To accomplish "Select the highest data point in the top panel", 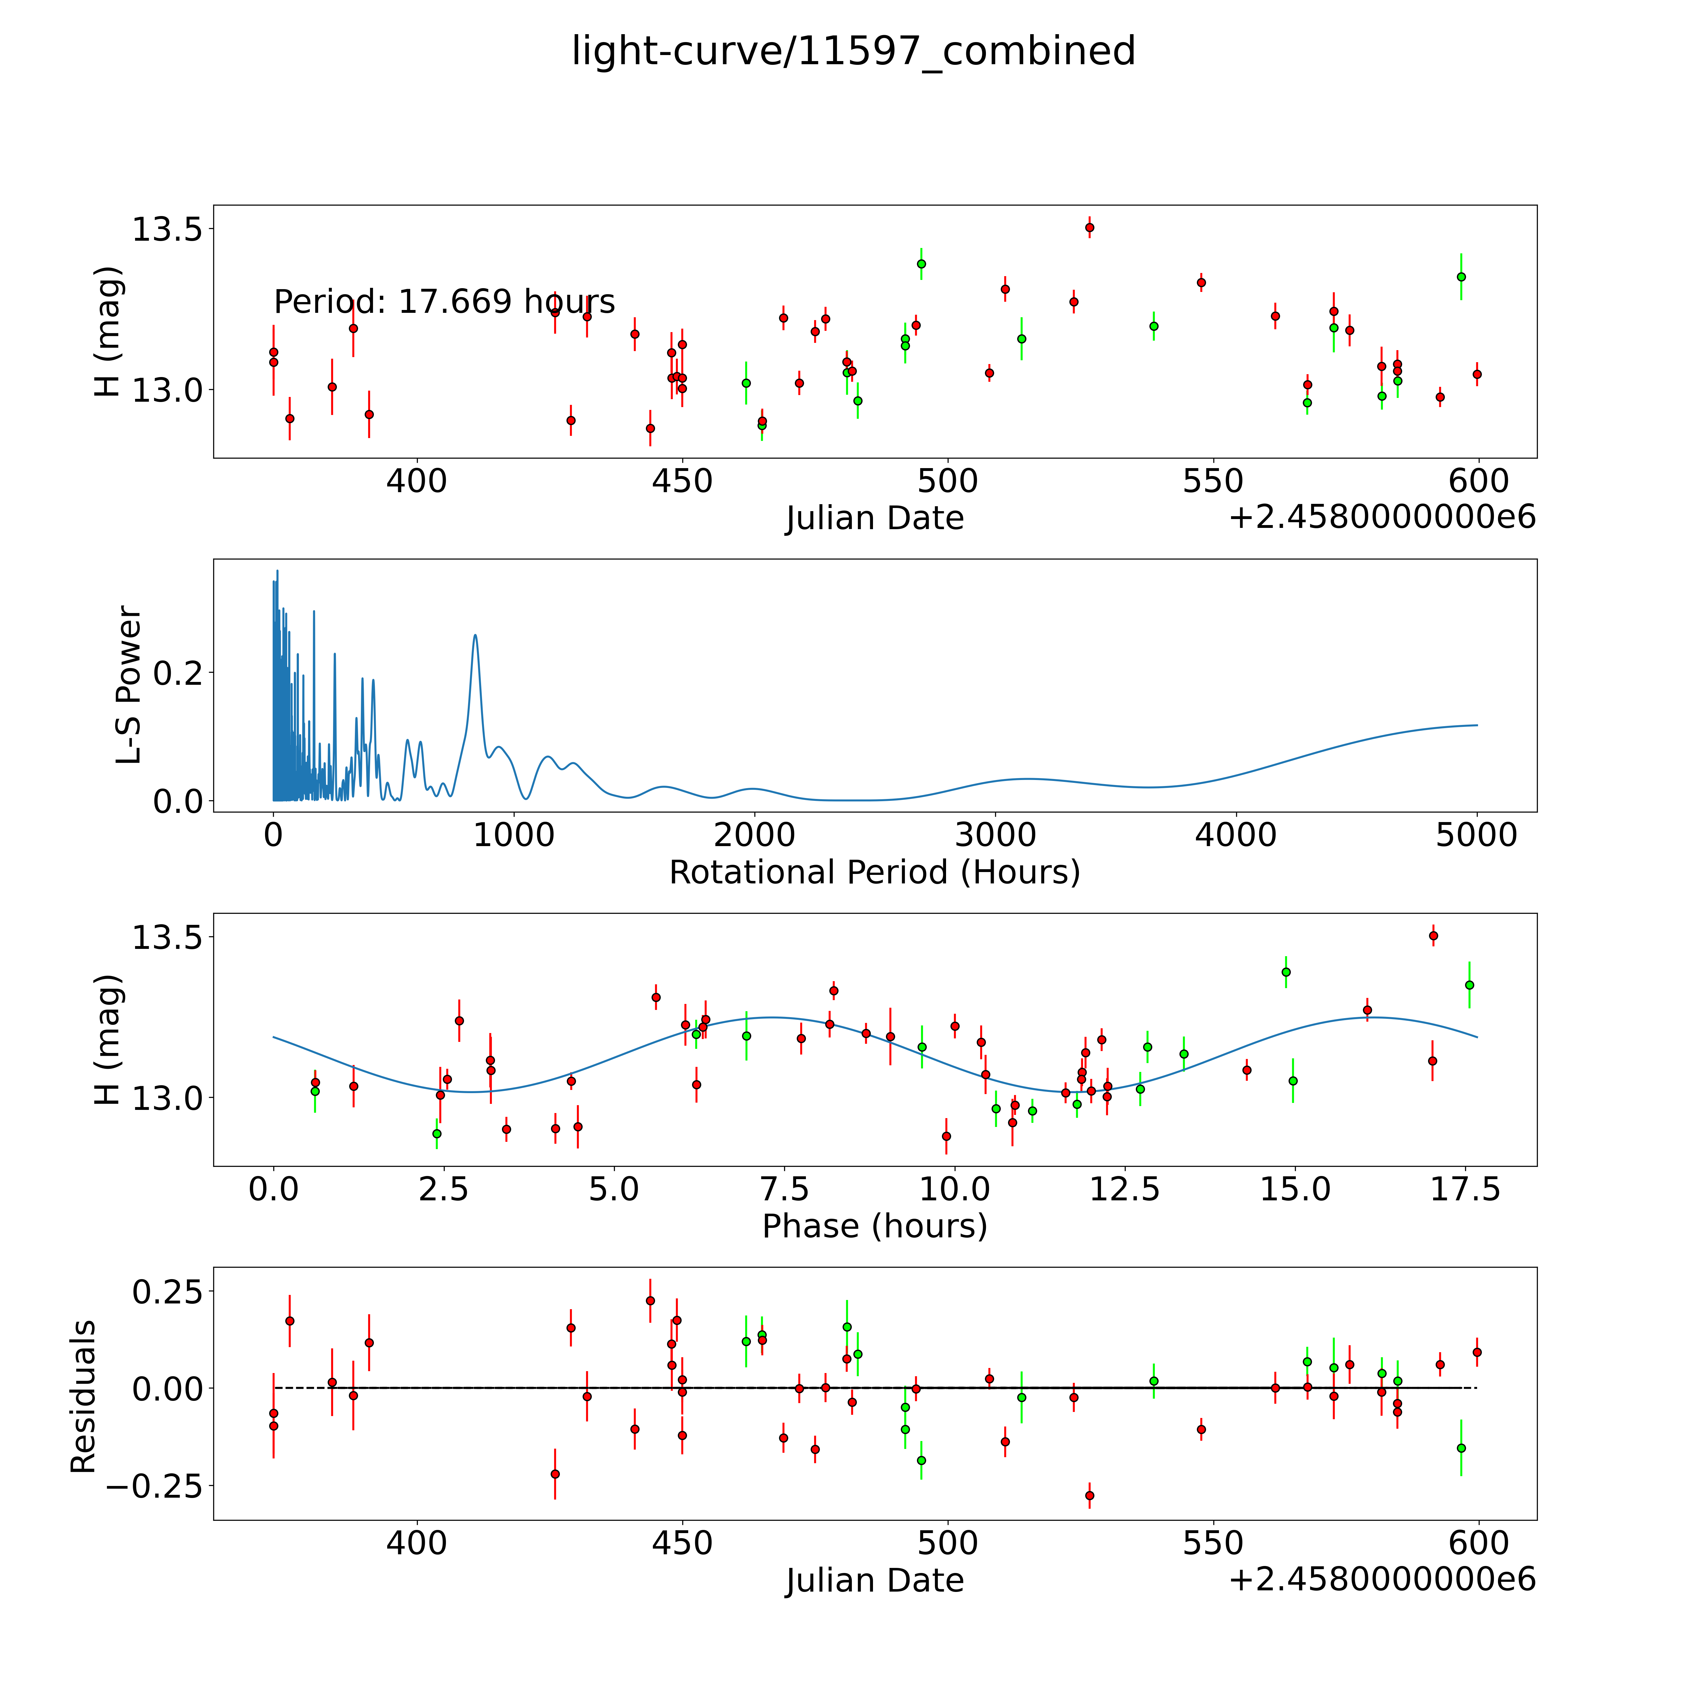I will coord(1089,227).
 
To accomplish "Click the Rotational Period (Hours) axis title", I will coord(874,873).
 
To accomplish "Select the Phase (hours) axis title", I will coord(874,1226).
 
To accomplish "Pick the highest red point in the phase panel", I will coord(1433,935).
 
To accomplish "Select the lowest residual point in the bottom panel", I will coord(1089,1495).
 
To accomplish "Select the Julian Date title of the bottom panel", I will coord(874,1580).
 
